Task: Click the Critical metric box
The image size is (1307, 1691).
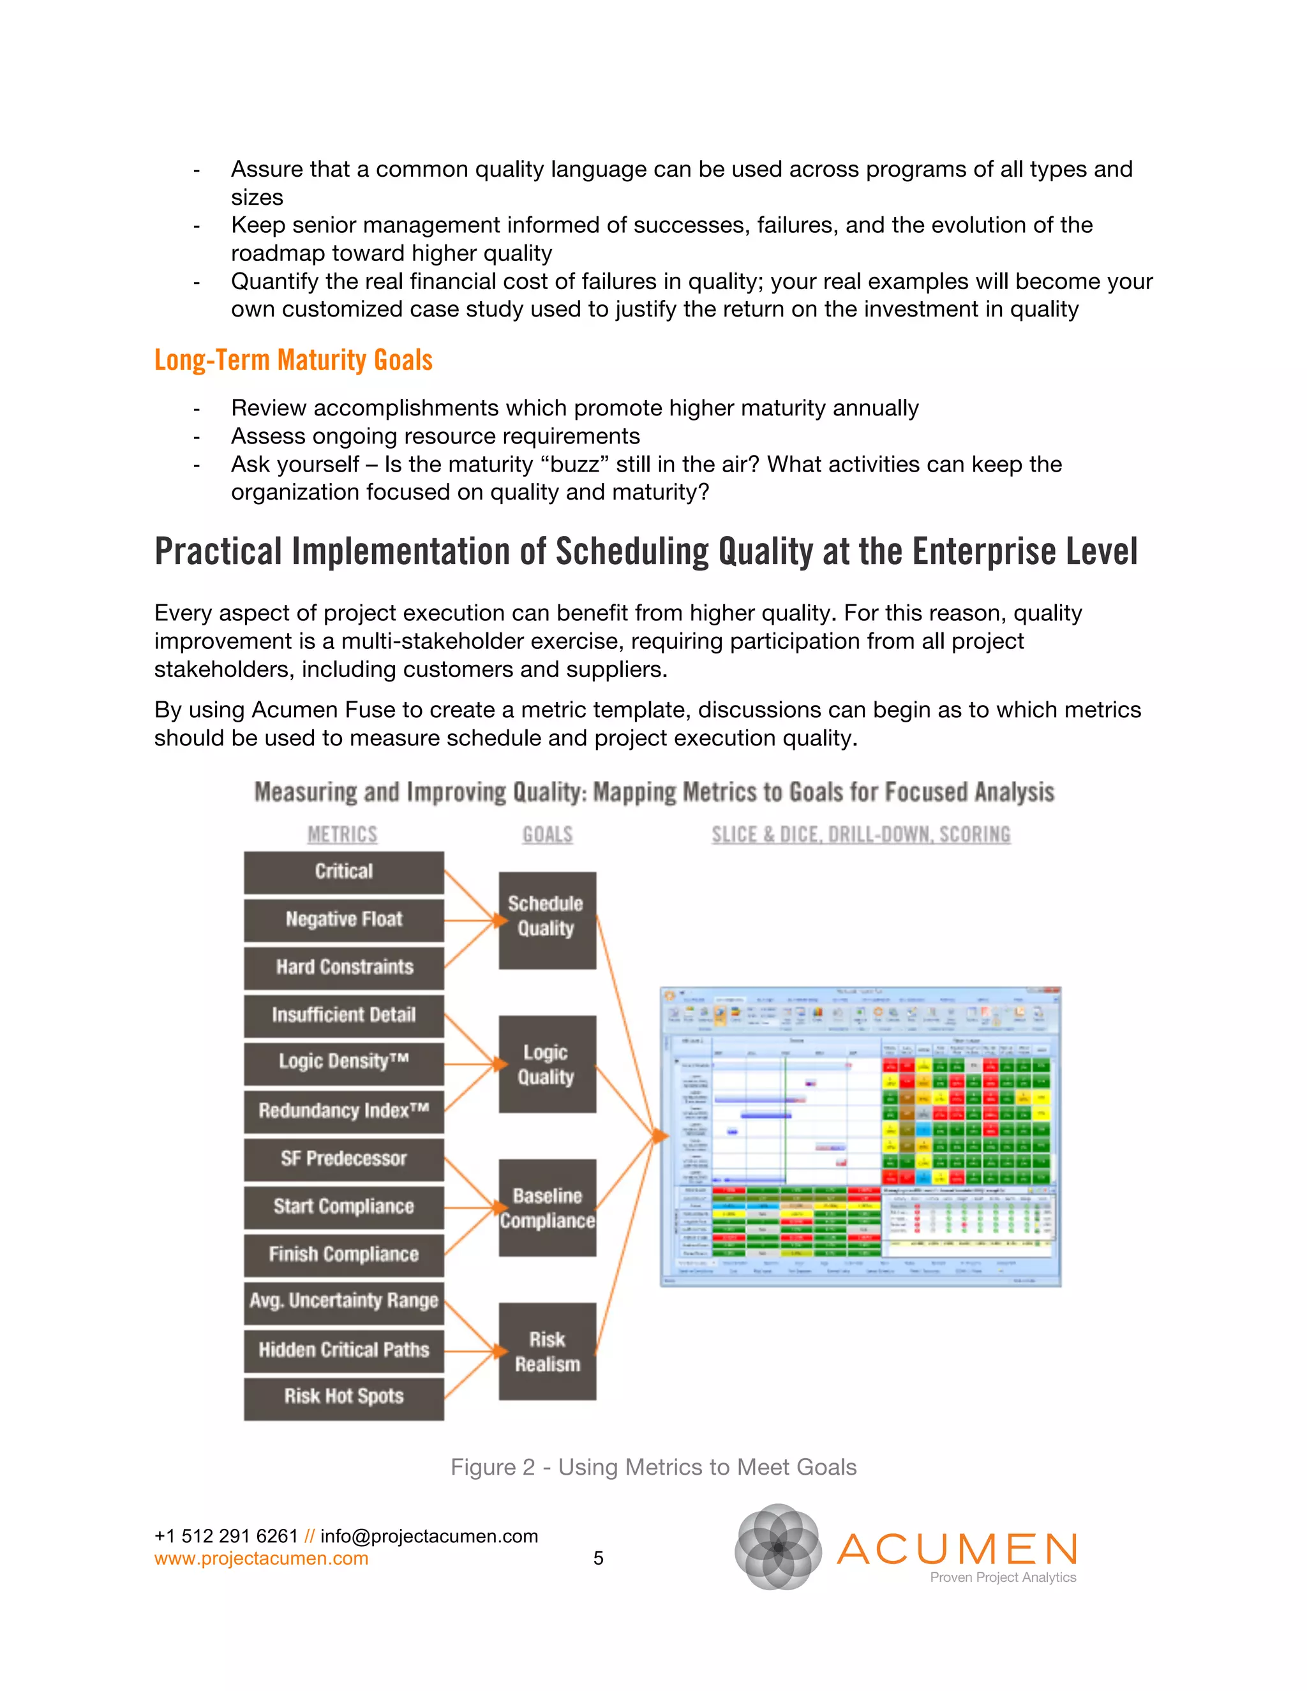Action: tap(344, 872)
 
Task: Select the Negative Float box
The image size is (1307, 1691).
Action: tap(344, 920)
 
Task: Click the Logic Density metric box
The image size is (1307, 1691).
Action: tap(344, 1062)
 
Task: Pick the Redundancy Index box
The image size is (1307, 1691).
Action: tap(344, 1111)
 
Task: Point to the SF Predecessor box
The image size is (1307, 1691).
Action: tap(344, 1159)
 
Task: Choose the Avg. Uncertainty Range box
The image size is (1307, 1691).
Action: tap(344, 1302)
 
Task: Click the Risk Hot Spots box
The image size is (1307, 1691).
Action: tap(344, 1397)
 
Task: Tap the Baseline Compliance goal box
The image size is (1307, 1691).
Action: tap(547, 1208)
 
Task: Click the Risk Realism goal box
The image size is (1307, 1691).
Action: tap(547, 1352)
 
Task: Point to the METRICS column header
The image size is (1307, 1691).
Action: tap(342, 835)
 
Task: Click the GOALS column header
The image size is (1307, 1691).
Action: tap(548, 835)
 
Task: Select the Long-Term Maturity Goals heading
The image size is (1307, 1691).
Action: tap(294, 360)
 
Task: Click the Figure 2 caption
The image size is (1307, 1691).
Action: tap(653, 1467)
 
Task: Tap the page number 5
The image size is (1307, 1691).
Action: tap(598, 1559)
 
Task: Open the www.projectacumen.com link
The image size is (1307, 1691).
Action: tap(261, 1559)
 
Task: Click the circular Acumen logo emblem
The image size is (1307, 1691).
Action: tap(778, 1546)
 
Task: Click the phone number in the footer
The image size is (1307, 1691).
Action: tap(226, 1536)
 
